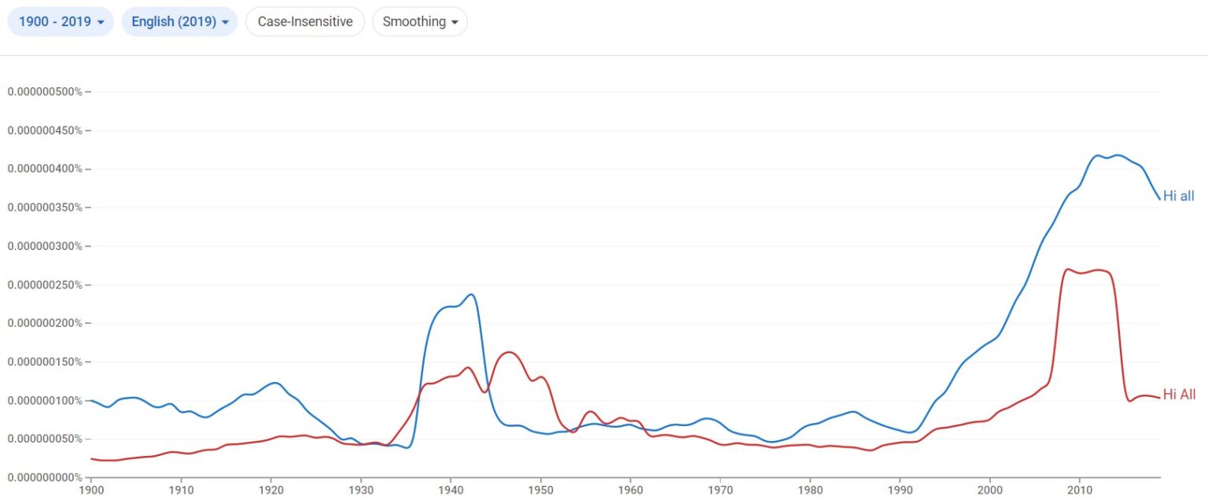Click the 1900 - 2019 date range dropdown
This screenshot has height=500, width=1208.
click(x=61, y=22)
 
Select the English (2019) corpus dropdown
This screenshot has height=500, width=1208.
click(x=179, y=22)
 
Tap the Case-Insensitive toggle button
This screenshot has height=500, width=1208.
click(x=305, y=22)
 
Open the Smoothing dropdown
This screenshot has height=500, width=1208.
click(x=420, y=22)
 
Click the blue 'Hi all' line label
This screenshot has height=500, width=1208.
click(x=1178, y=197)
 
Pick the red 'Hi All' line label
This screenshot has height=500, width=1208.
click(x=1179, y=395)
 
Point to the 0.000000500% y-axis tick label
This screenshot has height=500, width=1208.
click(x=45, y=92)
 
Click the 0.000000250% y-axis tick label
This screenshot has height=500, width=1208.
click(x=45, y=285)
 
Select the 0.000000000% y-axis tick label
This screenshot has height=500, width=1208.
click(x=45, y=477)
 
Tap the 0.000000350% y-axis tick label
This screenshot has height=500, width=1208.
click(x=45, y=208)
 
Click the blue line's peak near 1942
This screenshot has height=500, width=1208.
click(x=471, y=295)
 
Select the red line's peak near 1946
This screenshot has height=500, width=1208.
click(x=509, y=352)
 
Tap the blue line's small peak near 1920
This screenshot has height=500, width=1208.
click(x=274, y=383)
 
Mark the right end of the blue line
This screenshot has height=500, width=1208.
click(x=1159, y=198)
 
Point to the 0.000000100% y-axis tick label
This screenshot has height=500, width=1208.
click(x=45, y=400)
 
